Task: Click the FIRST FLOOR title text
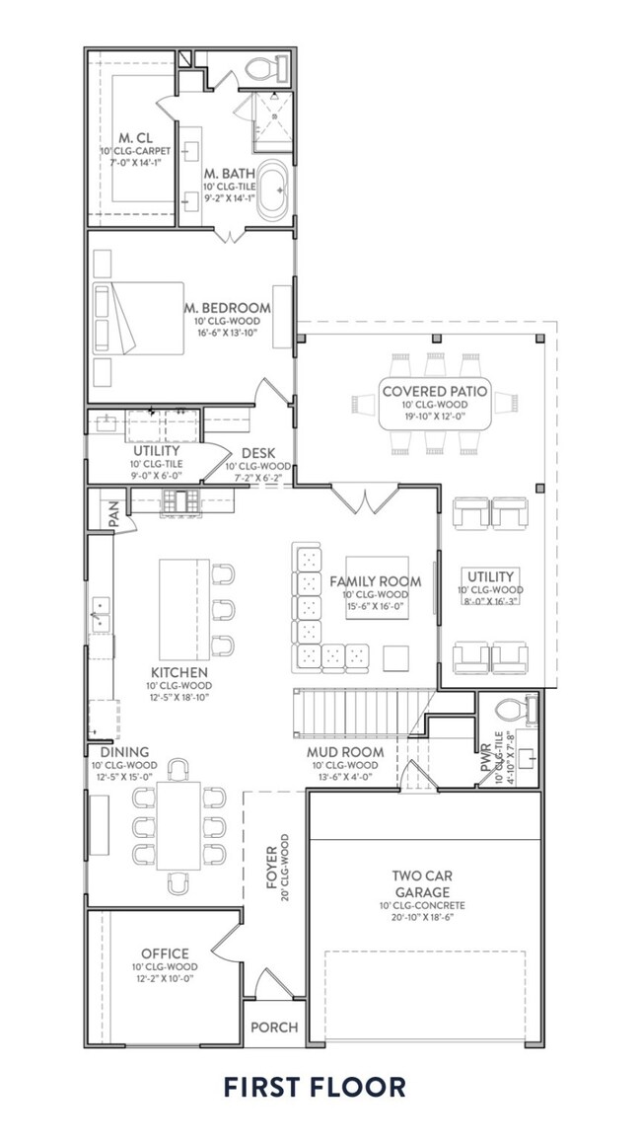click(314, 1088)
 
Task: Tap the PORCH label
click(273, 1027)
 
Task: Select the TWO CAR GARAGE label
click(427, 882)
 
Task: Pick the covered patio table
click(434, 404)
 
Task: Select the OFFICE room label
click(165, 952)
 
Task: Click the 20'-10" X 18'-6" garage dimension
click(427, 917)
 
